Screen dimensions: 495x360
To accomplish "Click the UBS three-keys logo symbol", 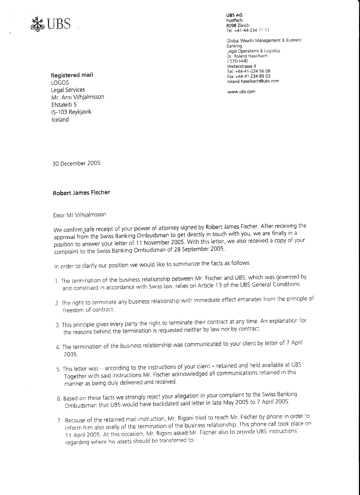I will pyautogui.click(x=37, y=24).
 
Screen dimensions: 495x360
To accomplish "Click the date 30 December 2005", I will pyautogui.click(x=76, y=163).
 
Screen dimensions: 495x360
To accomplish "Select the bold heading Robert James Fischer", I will pyautogui.click(x=82, y=193).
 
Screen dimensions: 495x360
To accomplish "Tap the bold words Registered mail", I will pyautogui.click(x=72, y=75).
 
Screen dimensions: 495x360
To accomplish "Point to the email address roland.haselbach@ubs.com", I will pyautogui.click(x=253, y=81).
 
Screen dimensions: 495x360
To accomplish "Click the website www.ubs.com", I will pyautogui.click(x=241, y=92).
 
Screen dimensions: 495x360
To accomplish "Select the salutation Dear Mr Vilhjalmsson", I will pyautogui.click(x=79, y=215).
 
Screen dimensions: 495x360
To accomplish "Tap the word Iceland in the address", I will pyautogui.click(x=60, y=120).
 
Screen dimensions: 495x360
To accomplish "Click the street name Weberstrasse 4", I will pyautogui.click(x=241, y=66).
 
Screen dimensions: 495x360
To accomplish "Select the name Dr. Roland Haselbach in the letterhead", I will pyautogui.click(x=247, y=56).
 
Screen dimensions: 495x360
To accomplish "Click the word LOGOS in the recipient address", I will pyautogui.click(x=60, y=83).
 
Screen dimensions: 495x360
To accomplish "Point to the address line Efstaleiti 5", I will pyautogui.click(x=64, y=104).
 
